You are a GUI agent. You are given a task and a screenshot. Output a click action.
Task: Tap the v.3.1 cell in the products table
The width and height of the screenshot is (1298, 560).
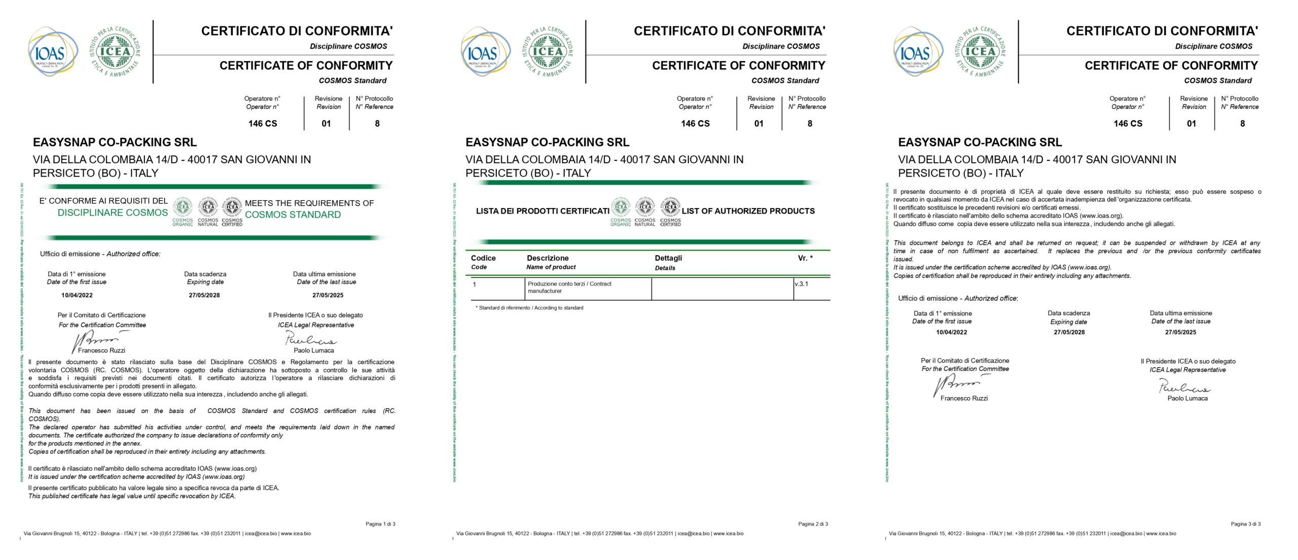click(801, 284)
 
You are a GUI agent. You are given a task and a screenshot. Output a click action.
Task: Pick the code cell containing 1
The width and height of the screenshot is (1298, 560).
click(475, 285)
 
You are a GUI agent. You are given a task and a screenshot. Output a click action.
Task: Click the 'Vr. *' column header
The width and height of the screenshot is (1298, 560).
click(805, 258)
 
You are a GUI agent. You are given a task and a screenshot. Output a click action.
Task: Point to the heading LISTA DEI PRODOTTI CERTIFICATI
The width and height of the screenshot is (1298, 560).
click(542, 211)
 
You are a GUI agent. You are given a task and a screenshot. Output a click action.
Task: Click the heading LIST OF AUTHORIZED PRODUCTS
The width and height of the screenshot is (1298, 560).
click(748, 211)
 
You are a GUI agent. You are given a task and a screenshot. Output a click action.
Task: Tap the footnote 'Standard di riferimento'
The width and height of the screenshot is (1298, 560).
click(530, 308)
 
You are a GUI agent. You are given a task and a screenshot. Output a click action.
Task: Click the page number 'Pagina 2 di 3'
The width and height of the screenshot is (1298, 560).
click(813, 524)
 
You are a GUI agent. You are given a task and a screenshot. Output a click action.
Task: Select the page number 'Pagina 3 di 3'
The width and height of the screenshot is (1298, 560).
click(1245, 524)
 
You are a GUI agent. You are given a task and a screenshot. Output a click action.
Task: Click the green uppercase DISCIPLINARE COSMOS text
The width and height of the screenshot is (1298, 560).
click(113, 213)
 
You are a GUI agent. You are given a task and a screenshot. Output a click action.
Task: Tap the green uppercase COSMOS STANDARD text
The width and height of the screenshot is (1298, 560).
click(293, 215)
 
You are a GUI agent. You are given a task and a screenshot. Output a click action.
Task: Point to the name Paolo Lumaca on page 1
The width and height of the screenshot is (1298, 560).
click(314, 351)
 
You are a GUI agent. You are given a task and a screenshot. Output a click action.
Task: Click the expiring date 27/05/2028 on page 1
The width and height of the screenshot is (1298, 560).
click(204, 295)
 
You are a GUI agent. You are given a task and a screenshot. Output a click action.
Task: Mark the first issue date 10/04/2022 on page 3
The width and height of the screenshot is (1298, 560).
click(951, 332)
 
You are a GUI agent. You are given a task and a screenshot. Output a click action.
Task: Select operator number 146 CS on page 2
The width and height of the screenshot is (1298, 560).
click(695, 123)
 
